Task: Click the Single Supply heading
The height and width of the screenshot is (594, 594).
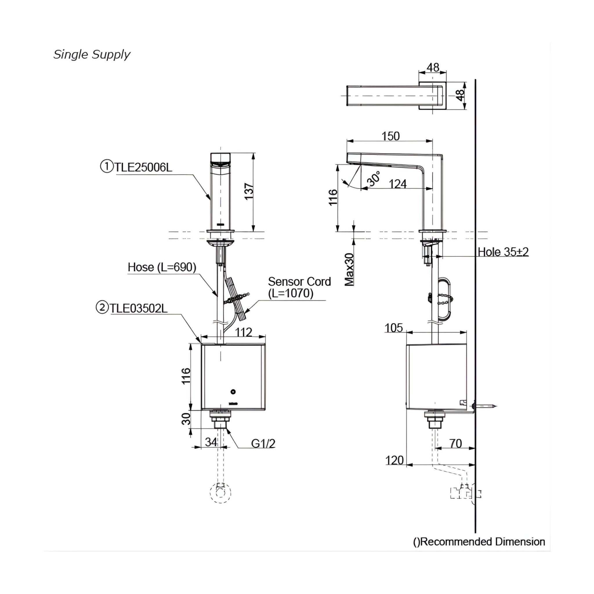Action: [92, 55]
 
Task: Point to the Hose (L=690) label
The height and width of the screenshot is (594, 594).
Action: [162, 267]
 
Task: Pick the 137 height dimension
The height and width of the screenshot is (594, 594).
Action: [249, 191]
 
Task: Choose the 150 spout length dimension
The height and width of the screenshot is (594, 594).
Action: [390, 136]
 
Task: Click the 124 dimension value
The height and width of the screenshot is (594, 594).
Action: [398, 184]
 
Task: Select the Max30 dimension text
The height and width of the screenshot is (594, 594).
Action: [349, 269]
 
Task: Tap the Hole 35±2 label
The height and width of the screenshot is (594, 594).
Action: [503, 252]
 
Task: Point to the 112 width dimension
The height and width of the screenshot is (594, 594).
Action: [244, 332]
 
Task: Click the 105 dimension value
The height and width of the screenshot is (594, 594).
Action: [394, 328]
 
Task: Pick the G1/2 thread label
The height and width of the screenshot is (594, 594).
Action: [263, 443]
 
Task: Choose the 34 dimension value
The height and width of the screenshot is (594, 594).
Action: [211, 442]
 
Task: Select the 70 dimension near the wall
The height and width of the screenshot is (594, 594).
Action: [455, 443]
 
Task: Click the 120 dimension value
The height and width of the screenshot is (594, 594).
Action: [394, 460]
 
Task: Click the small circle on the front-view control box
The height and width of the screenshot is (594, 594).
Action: [233, 392]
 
